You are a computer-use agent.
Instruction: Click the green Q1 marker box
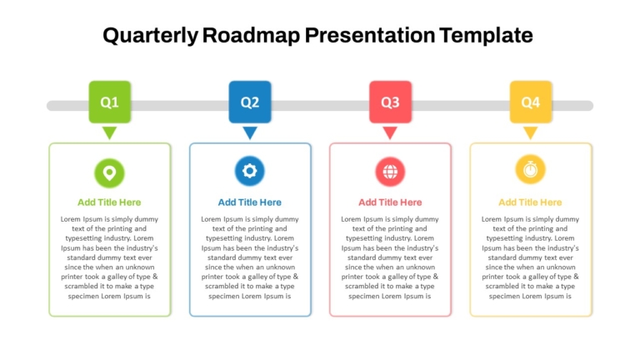click(110, 102)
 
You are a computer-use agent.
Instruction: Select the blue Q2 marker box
click(250, 102)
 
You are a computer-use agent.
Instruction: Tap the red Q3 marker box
click(390, 102)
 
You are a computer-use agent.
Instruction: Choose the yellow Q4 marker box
click(531, 102)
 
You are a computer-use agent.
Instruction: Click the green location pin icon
click(109, 173)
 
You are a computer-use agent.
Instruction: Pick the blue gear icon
click(250, 171)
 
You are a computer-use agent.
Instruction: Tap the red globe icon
click(390, 172)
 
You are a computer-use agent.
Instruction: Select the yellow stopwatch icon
click(530, 169)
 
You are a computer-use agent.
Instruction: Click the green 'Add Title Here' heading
click(109, 202)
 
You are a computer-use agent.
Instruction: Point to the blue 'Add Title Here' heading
click(249, 202)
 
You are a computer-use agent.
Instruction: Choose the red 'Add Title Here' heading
click(390, 202)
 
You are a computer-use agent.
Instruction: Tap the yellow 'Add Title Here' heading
click(530, 202)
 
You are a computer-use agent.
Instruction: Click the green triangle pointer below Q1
click(109, 132)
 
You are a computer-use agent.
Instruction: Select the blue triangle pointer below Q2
click(250, 132)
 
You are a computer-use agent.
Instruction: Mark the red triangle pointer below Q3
click(390, 132)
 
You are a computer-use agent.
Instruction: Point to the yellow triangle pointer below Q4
click(530, 132)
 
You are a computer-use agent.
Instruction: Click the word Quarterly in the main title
click(150, 36)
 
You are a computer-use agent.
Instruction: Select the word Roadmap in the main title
click(251, 35)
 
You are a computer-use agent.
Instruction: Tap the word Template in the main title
click(486, 36)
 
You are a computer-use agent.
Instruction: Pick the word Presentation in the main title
click(370, 35)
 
